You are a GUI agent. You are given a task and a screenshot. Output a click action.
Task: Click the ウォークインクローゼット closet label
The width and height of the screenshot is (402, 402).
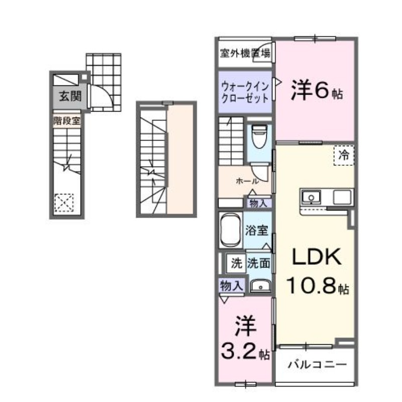point(245,92)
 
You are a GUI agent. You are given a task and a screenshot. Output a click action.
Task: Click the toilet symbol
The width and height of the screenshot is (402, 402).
point(259,136)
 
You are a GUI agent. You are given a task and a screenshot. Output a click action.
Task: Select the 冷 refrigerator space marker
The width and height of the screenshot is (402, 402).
point(344,155)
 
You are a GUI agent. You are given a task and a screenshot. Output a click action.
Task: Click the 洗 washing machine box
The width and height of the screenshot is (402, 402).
point(236,262)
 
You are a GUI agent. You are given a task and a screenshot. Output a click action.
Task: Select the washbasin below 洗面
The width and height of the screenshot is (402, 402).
point(260,285)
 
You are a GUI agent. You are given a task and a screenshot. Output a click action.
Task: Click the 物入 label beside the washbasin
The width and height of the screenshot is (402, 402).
point(232,285)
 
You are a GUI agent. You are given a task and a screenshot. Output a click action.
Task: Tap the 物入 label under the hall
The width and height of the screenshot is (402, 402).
point(259,204)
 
